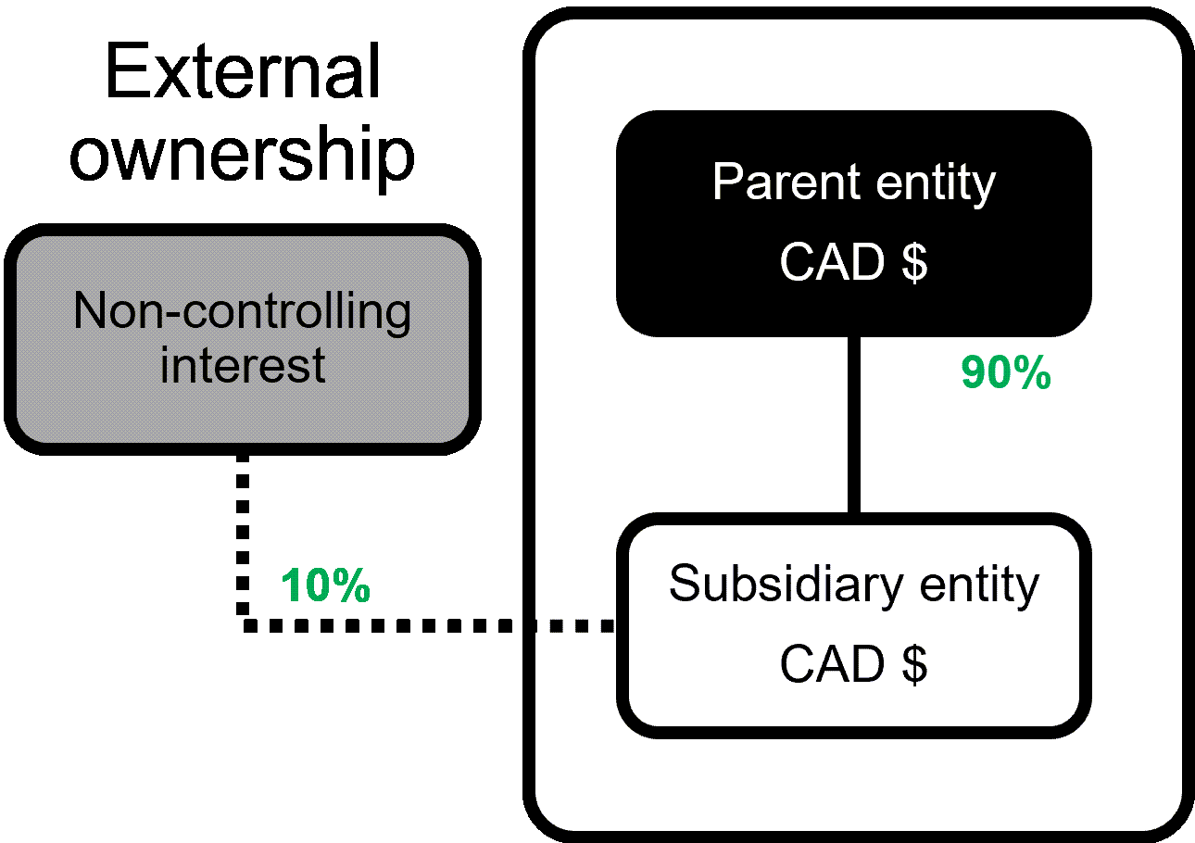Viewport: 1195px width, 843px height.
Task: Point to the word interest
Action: click(x=243, y=365)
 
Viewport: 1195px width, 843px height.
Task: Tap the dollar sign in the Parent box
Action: click(x=914, y=263)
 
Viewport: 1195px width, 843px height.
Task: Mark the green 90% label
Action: click(x=1006, y=374)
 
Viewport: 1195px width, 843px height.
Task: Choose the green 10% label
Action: click(x=325, y=586)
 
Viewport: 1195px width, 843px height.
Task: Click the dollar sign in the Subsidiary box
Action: click(x=914, y=665)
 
